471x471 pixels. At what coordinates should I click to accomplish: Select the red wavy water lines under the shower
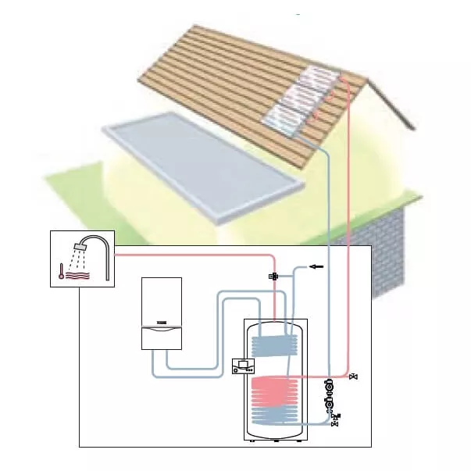[80, 275]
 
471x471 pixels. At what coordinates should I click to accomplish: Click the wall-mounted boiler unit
[161, 312]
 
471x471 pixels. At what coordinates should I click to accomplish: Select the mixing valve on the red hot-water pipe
[273, 277]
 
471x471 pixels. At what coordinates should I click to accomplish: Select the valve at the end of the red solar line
[355, 377]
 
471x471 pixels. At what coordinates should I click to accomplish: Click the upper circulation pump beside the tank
[330, 387]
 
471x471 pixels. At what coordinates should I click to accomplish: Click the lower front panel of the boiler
[161, 337]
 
